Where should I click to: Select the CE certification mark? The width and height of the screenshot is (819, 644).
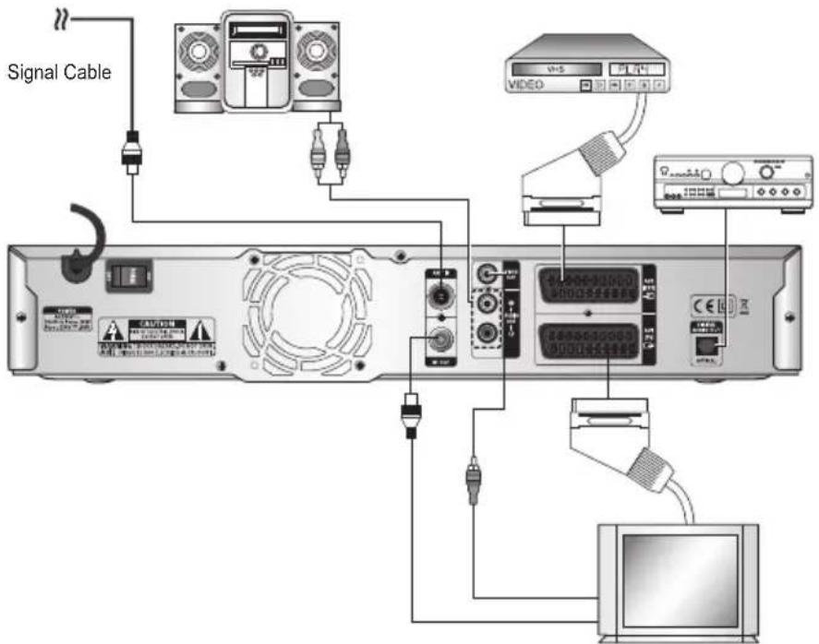click(x=703, y=304)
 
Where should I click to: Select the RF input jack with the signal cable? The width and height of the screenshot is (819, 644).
click(x=441, y=297)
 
